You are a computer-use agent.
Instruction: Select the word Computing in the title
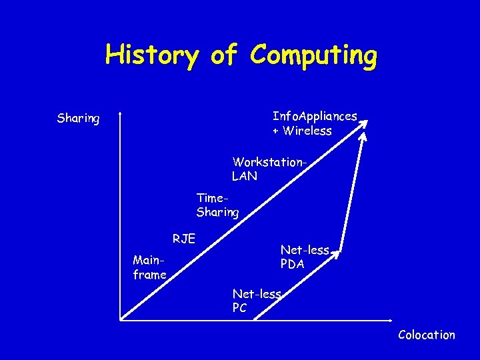click(x=313, y=56)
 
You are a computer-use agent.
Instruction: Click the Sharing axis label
click(x=78, y=119)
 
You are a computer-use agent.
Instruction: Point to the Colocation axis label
click(x=426, y=335)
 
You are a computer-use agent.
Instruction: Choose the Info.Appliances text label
click(x=315, y=116)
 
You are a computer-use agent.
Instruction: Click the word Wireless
click(x=307, y=131)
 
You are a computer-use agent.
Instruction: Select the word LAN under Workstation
click(x=244, y=176)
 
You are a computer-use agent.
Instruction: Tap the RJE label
click(x=183, y=238)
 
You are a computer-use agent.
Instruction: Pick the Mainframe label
click(x=149, y=266)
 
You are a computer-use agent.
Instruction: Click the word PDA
click(x=293, y=264)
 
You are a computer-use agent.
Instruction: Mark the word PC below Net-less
click(x=239, y=308)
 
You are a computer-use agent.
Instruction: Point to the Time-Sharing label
click(x=217, y=205)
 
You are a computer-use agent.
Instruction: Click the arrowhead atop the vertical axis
click(x=119, y=115)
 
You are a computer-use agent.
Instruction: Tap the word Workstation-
click(x=271, y=162)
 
